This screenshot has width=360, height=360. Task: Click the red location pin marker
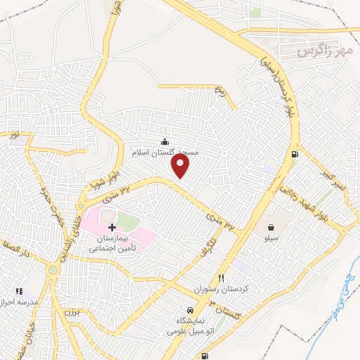181,166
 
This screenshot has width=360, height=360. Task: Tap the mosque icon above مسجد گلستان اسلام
165,141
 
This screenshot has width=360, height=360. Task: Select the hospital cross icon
112,228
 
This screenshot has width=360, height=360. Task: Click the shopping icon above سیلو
271,227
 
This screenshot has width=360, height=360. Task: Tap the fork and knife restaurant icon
221,278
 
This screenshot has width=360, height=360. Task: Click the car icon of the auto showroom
190,310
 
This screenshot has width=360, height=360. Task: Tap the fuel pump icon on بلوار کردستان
292,155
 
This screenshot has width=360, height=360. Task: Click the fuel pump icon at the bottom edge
203,356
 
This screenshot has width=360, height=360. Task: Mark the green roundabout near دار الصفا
52,269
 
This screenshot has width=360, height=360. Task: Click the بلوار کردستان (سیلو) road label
283,88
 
